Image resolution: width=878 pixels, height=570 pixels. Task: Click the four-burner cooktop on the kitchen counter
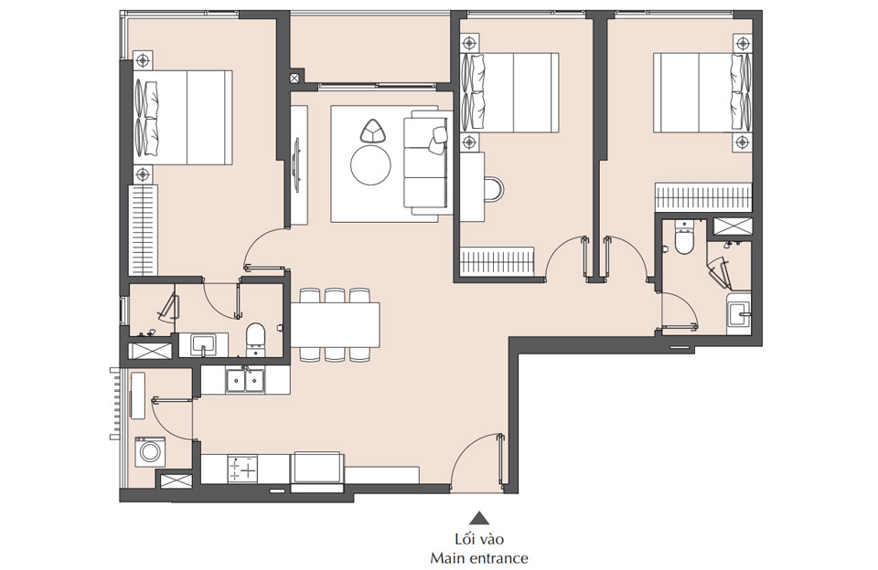pyautogui.click(x=244, y=470)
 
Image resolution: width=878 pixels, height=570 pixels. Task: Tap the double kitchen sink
pyautogui.click(x=245, y=379)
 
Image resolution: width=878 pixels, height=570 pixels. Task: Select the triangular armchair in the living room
pyautogui.click(x=373, y=132)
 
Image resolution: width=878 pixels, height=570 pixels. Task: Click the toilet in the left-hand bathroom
pyautogui.click(x=256, y=336)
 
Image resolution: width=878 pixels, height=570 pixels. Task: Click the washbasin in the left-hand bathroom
pyautogui.click(x=203, y=344)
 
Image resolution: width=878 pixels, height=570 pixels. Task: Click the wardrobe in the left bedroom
pyautogui.click(x=145, y=228)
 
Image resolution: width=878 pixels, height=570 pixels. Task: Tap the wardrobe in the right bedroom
pyautogui.click(x=703, y=196)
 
